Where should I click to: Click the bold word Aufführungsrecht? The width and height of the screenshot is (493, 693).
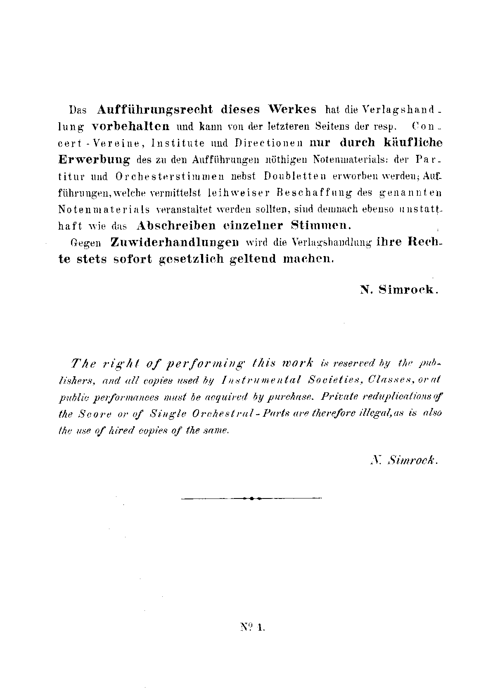(156, 109)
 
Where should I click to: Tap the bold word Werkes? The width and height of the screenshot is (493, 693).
(292, 109)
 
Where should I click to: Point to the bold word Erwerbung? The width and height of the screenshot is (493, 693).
(95, 159)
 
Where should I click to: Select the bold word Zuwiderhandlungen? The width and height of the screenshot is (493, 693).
(175, 242)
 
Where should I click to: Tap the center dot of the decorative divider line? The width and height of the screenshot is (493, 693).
(251, 498)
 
